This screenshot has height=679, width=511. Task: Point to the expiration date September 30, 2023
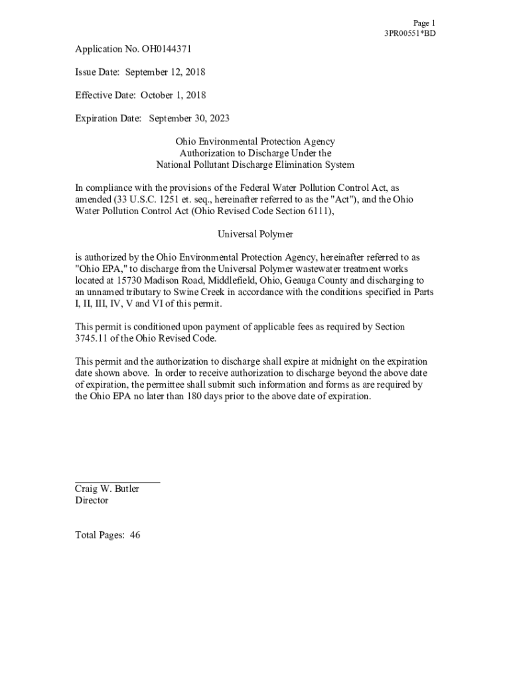click(x=189, y=118)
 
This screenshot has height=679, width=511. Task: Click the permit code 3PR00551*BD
click(x=410, y=33)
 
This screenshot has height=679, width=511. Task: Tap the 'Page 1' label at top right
click(x=424, y=23)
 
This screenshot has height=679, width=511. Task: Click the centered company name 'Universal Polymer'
click(x=256, y=234)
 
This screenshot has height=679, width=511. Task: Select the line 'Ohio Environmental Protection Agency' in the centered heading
click(x=256, y=141)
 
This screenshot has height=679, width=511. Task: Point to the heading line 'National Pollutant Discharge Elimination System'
click(x=256, y=164)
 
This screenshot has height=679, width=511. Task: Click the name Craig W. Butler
click(x=107, y=489)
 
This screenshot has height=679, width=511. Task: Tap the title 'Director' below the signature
click(x=92, y=501)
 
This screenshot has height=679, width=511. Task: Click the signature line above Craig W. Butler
click(x=117, y=481)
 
